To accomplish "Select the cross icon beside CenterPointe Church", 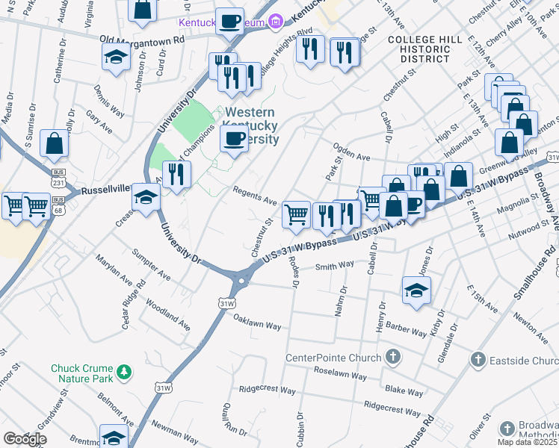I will [393, 358].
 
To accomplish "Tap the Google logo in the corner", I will [25, 439].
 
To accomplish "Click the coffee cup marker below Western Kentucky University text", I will [234, 139].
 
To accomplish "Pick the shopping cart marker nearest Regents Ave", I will [297, 214].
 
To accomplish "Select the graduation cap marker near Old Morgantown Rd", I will [117, 57].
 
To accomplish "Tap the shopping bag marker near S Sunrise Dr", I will [55, 143].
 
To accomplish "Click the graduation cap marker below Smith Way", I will [416, 290].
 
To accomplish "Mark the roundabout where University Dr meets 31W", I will [240, 282].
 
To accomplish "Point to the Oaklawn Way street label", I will [257, 326].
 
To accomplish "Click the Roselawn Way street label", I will [341, 376].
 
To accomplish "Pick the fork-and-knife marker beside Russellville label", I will [176, 175].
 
